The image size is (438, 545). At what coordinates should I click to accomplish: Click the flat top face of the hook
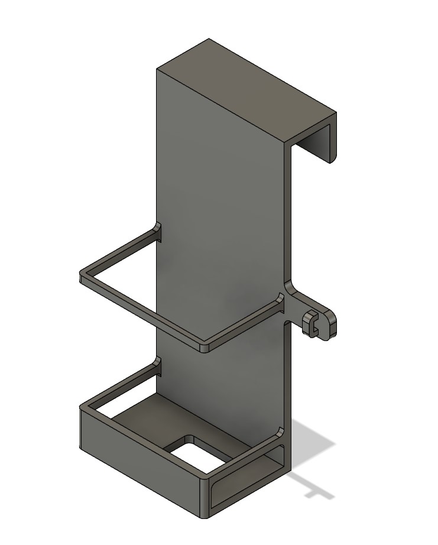tap(245, 89)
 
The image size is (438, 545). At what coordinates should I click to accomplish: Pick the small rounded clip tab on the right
tap(323, 322)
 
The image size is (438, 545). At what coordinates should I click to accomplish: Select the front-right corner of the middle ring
tap(204, 347)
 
